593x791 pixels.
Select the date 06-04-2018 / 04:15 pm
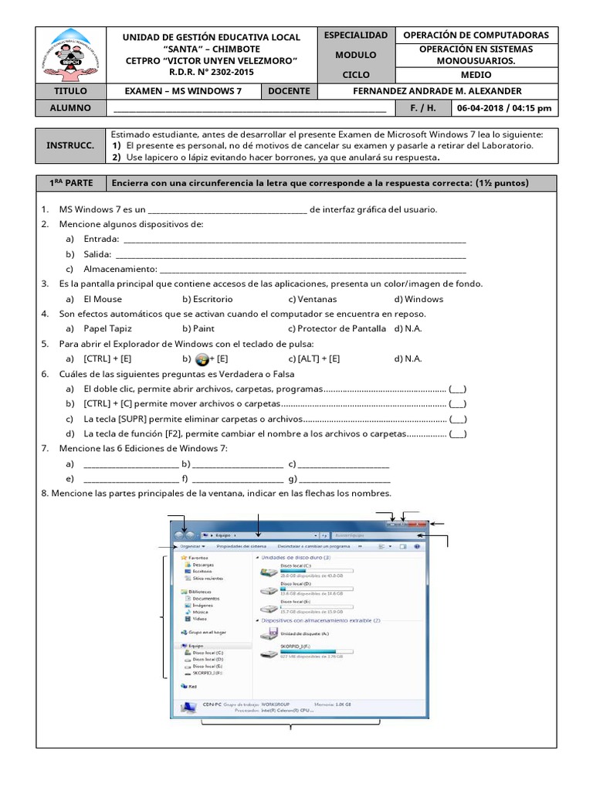click(504, 108)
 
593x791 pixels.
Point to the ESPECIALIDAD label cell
click(356, 36)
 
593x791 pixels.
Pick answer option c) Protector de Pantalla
click(336, 328)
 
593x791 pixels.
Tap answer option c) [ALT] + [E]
click(313, 358)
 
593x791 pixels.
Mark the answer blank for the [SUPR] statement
click(457, 419)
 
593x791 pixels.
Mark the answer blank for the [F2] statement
click(457, 433)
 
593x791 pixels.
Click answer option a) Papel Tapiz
click(107, 328)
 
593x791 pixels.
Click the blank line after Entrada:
click(293, 239)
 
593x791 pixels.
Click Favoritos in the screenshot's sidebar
click(197, 556)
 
